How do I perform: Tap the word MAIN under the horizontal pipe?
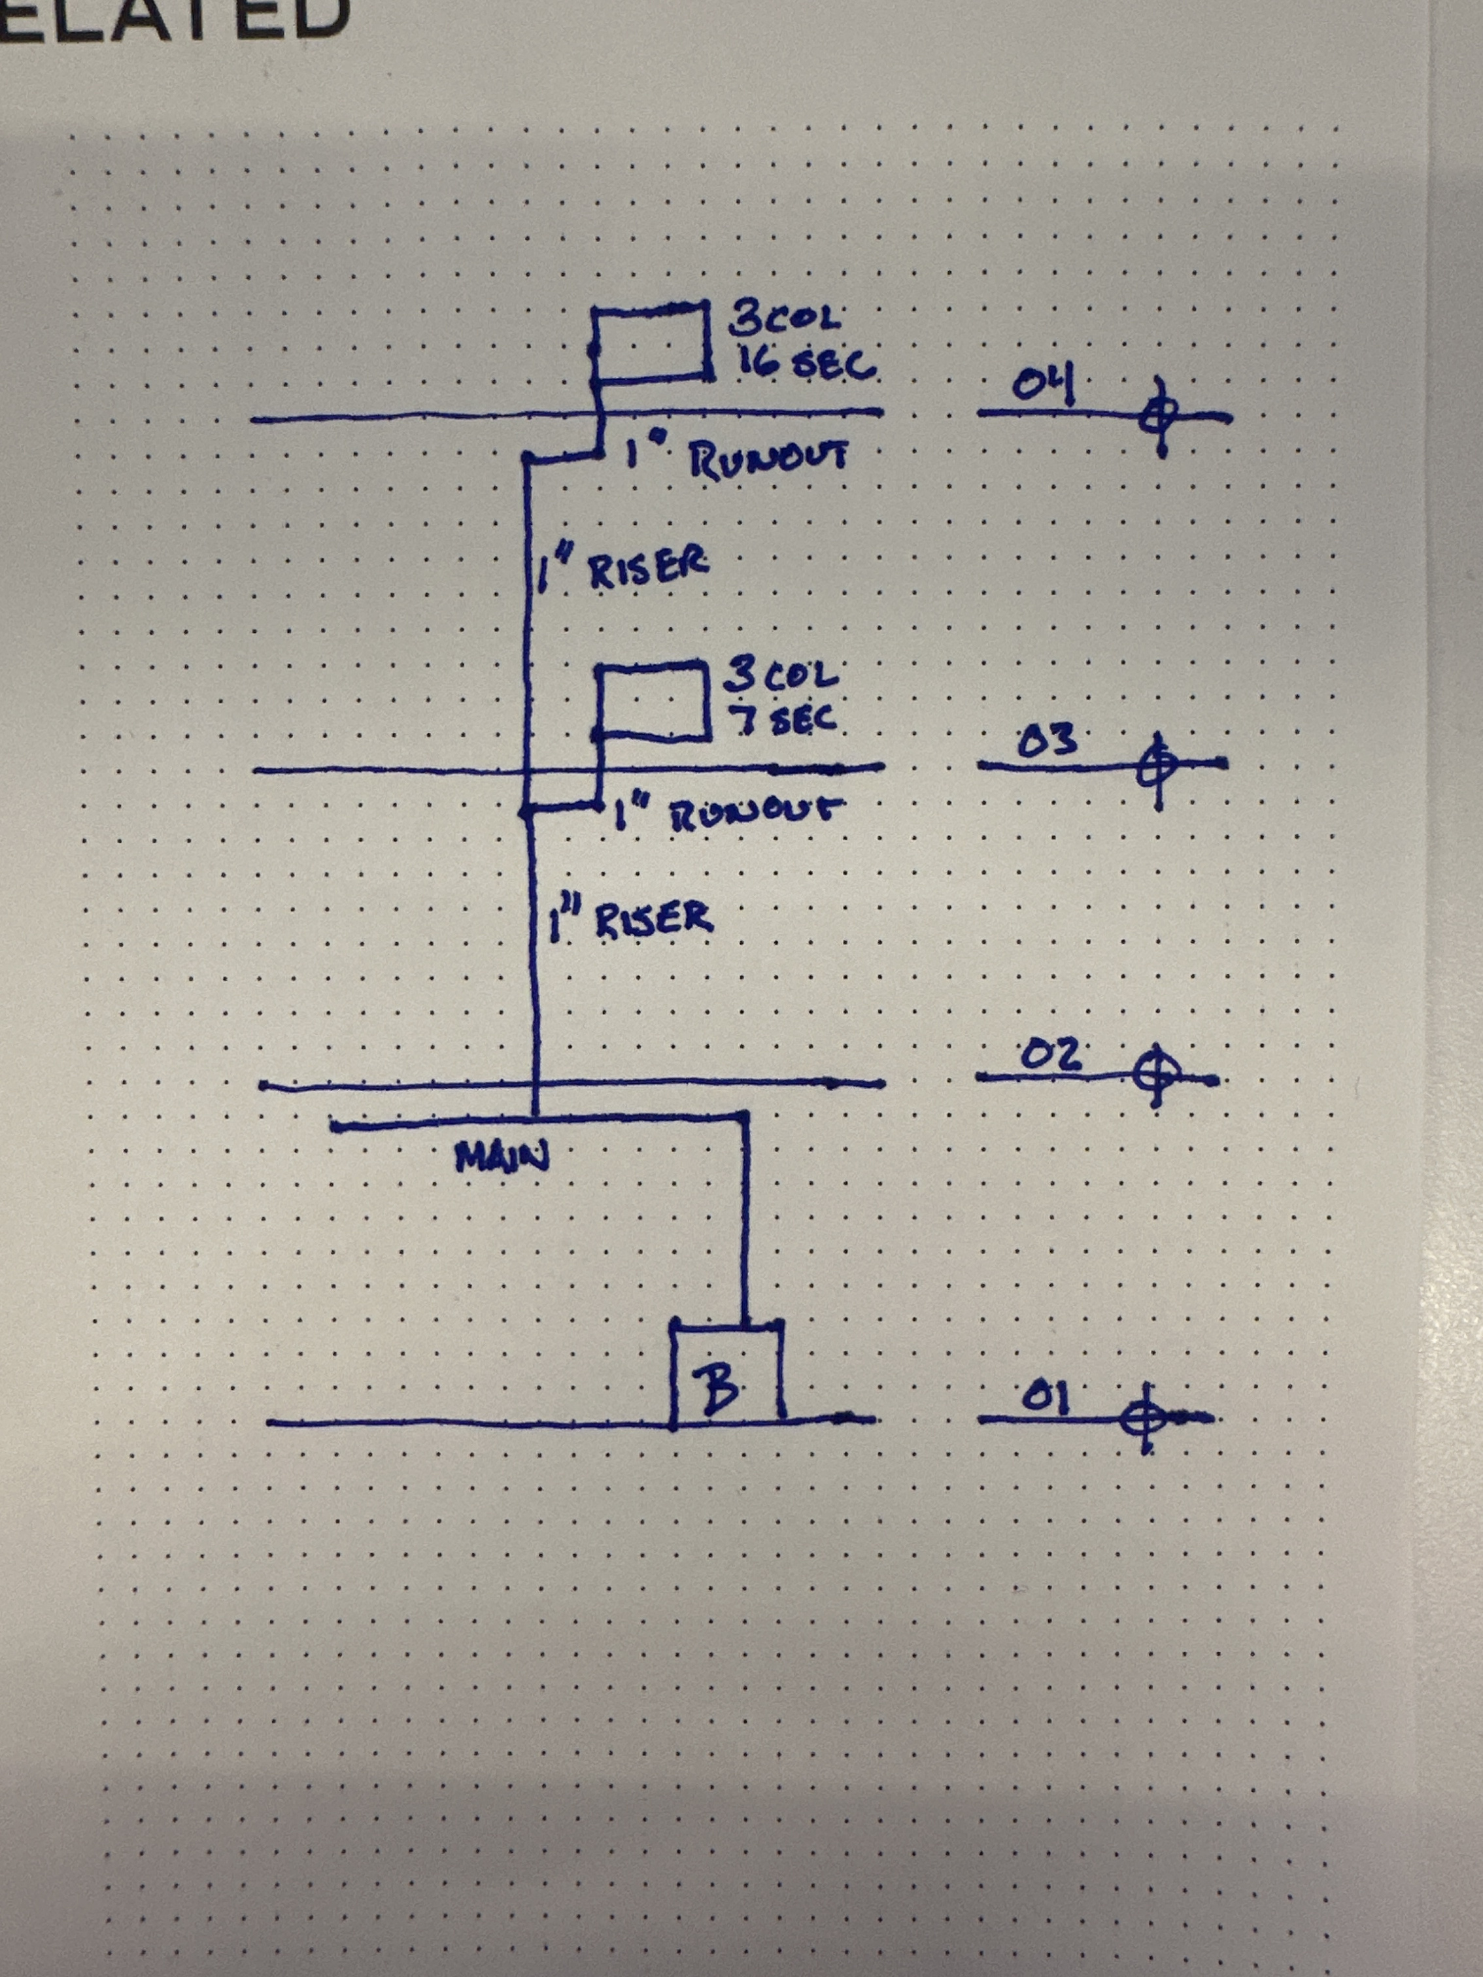pos(502,1159)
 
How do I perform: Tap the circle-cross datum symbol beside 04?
pos(1160,416)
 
